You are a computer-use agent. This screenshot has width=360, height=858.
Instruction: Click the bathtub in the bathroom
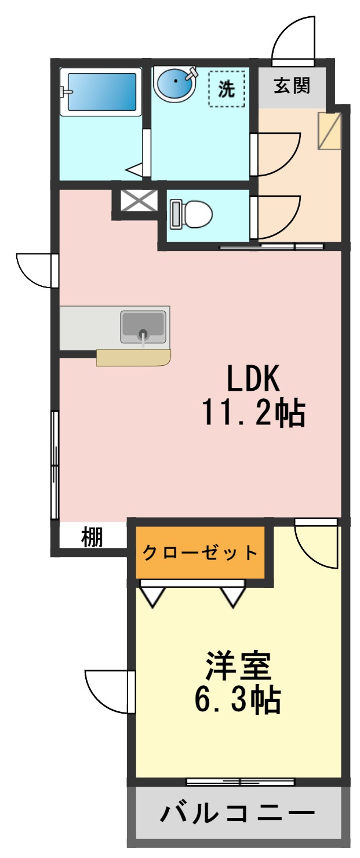point(101,91)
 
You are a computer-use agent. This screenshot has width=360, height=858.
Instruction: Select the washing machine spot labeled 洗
point(227,88)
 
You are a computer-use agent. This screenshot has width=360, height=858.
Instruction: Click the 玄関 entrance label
point(292,86)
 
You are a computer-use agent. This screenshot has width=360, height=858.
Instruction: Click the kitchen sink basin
point(143,328)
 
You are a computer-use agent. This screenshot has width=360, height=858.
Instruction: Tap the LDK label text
point(253,380)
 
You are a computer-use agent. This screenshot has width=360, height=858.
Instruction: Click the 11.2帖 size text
point(253,413)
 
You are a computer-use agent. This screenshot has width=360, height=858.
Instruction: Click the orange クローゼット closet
point(200,552)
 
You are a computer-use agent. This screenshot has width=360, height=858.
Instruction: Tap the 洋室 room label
point(238,666)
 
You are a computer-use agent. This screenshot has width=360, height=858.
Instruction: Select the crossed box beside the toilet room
point(139,201)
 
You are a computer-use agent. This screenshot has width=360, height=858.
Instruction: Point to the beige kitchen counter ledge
point(133,358)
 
